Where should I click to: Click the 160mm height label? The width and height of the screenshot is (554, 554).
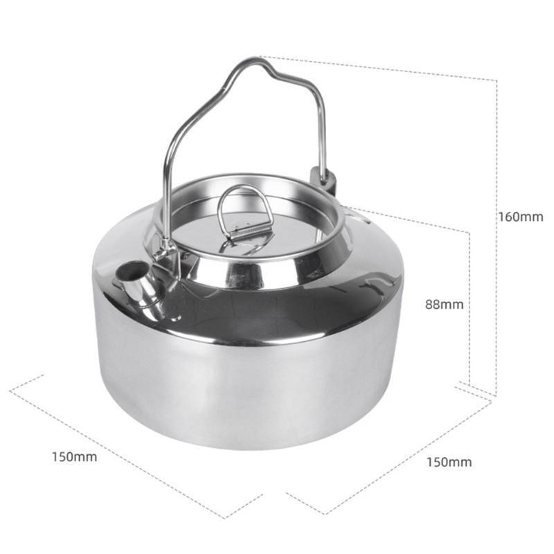coord(521,217)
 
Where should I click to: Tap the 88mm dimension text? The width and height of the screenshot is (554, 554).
coord(444,304)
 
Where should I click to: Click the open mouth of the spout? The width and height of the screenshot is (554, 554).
coord(131,270)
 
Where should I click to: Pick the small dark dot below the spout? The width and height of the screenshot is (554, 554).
coord(174,319)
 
